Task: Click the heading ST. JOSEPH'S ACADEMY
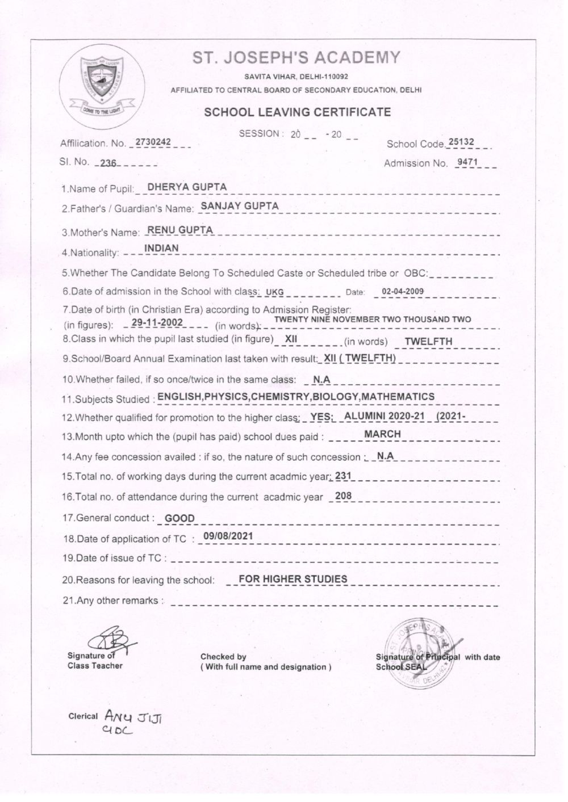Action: (x=296, y=58)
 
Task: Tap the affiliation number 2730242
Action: (x=153, y=141)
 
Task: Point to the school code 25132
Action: (x=461, y=142)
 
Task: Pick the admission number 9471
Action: (x=468, y=162)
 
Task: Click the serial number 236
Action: (x=107, y=163)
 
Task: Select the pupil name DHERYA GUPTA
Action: (x=187, y=187)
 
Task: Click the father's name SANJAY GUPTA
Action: (x=240, y=206)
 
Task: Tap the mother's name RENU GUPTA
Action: (x=180, y=230)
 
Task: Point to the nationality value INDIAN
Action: (x=161, y=248)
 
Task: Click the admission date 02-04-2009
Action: (x=403, y=292)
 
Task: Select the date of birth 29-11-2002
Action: (x=157, y=322)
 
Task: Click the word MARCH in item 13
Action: (x=382, y=434)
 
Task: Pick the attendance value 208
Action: (x=344, y=496)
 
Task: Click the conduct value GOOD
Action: (x=179, y=518)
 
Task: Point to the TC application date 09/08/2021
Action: (x=228, y=536)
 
